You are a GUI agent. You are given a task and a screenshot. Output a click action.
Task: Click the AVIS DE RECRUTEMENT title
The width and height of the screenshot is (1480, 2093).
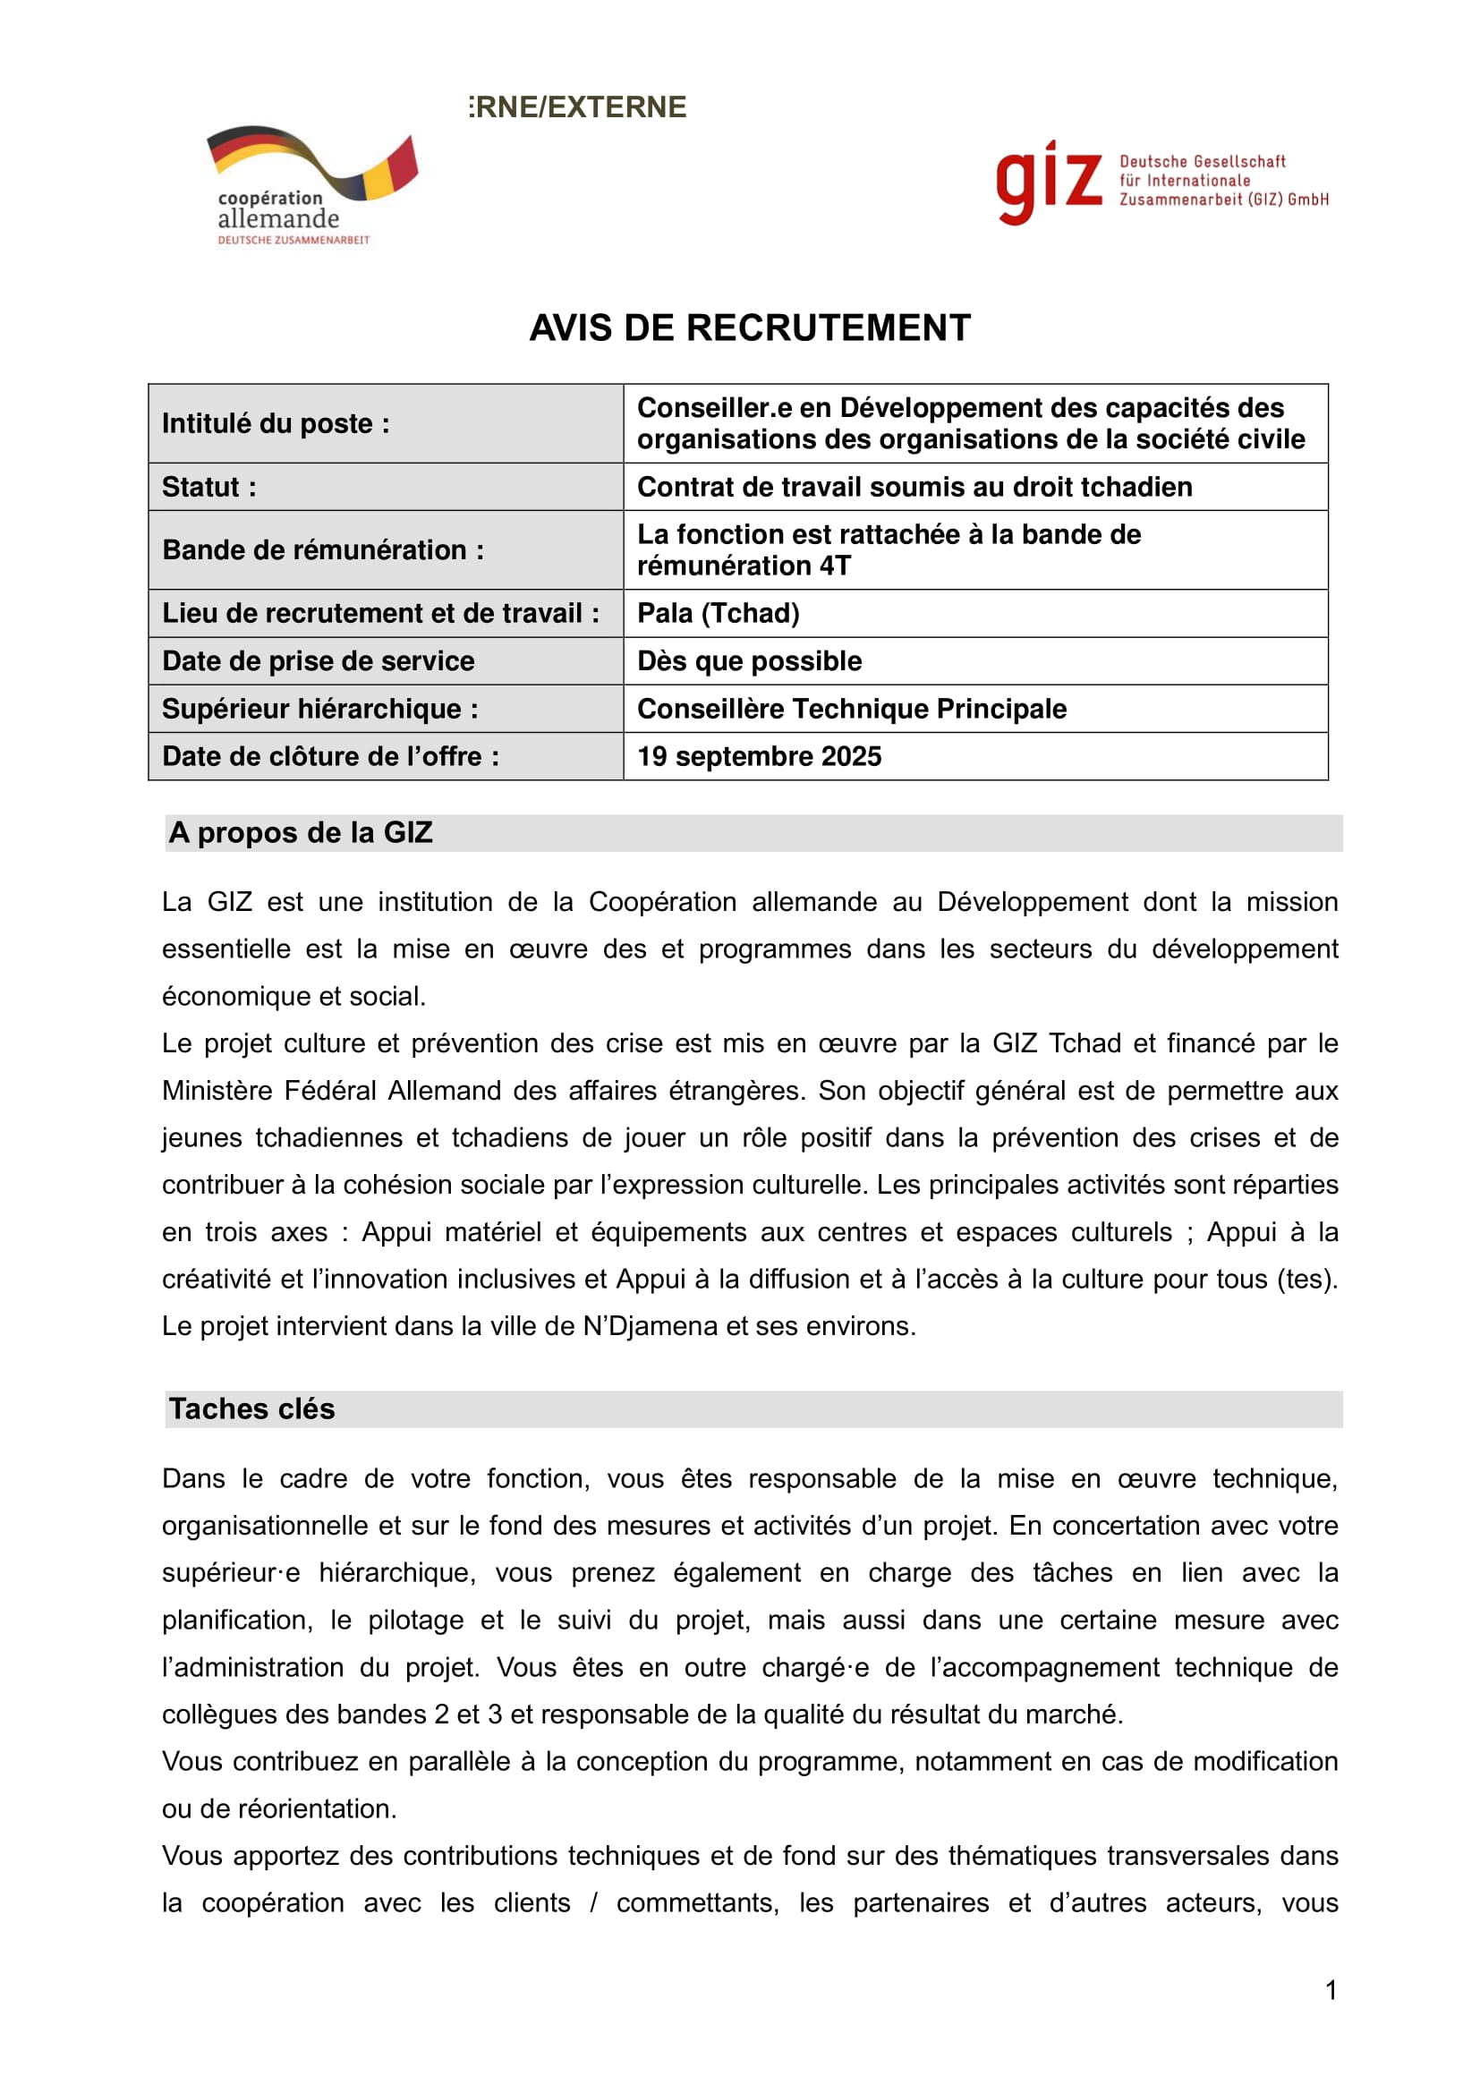click(x=749, y=328)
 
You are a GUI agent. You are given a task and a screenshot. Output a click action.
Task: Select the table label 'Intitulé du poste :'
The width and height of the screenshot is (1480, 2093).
click(x=276, y=424)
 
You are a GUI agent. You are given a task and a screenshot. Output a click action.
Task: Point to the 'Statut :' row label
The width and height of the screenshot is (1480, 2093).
click(x=208, y=488)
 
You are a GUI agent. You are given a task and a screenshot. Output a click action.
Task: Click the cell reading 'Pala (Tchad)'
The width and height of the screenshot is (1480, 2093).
click(x=719, y=614)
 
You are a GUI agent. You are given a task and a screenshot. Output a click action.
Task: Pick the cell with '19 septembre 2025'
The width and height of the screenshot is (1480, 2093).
click(x=759, y=757)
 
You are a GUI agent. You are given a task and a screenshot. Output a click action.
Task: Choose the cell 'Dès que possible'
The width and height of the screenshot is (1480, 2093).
click(x=749, y=661)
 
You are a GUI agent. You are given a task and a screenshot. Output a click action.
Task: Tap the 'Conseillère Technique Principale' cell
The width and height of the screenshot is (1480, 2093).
click(x=851, y=710)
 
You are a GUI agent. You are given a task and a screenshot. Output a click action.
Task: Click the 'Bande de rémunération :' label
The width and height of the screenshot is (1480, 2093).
click(x=323, y=550)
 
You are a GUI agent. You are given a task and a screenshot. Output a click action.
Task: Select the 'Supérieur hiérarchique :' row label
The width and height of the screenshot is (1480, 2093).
click(x=319, y=710)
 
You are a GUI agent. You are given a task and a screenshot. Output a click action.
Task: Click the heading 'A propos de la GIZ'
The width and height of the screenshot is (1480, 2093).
click(x=300, y=833)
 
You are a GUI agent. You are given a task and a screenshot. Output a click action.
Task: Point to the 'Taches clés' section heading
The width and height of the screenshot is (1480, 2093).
click(x=251, y=1409)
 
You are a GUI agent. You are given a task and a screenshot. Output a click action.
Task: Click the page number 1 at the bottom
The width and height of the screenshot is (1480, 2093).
click(x=1331, y=1990)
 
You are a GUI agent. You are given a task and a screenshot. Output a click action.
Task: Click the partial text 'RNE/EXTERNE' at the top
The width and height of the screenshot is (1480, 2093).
click(x=579, y=107)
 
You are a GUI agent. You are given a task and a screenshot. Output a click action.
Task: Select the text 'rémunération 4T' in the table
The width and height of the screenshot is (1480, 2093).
click(x=744, y=566)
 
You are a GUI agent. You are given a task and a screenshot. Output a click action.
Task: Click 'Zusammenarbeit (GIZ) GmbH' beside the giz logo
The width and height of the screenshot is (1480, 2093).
click(x=1223, y=200)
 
